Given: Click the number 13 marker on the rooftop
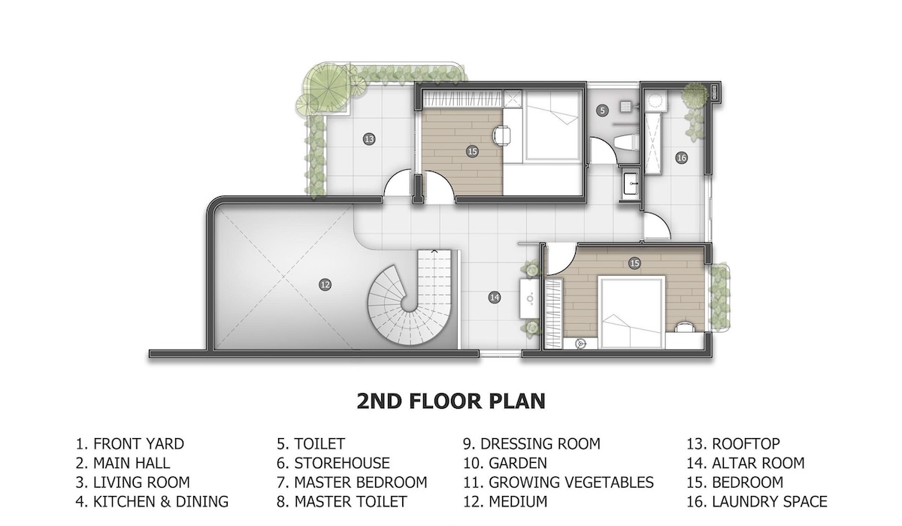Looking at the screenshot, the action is coord(369,139).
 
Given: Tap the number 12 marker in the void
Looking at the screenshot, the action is coord(325,285).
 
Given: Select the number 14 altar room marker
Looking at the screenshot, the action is coord(494,298).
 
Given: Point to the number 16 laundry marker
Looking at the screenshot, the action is coord(681,158).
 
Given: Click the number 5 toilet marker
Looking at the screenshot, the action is coord(602,110).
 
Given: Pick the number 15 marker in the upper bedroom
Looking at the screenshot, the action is coord(472,152).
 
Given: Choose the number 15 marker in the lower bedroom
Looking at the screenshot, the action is coord(634,263).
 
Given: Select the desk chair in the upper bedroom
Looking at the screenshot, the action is coord(502,135).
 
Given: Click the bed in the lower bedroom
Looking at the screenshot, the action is coord(631,313).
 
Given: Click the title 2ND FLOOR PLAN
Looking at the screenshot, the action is coord(451,401).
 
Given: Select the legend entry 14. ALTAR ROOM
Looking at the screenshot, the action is coord(746,463).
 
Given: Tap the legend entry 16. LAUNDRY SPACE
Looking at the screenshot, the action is coord(757,502).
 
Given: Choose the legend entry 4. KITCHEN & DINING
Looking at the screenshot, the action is coord(152,502).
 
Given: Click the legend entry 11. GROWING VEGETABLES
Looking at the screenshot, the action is coord(558,482).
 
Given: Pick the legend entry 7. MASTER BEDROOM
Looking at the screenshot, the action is coord(352,482).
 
